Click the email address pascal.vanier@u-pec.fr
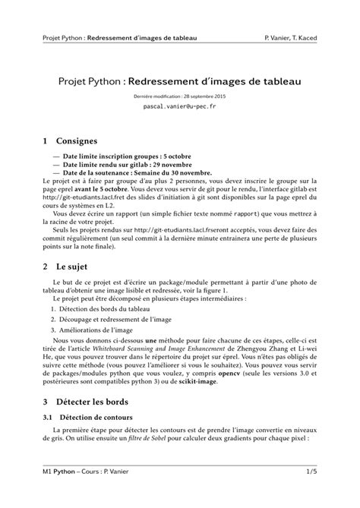[x=179, y=107]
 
